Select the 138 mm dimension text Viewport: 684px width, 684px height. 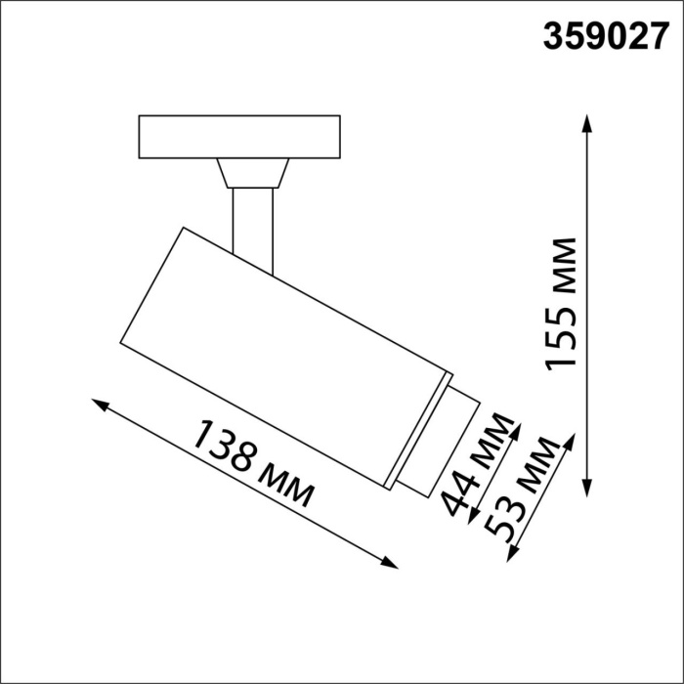coord(254,463)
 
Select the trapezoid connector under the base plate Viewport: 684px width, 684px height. coord(252,173)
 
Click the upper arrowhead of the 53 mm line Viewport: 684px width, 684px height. coord(568,437)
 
